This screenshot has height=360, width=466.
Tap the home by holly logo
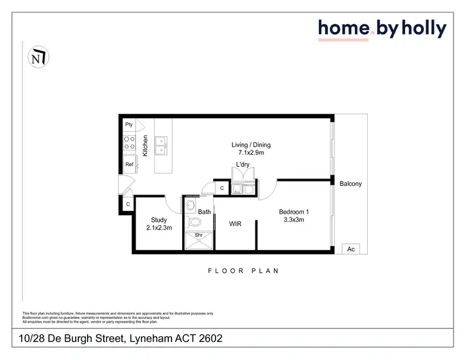click(x=382, y=29)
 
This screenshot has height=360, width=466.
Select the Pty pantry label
click(x=129, y=124)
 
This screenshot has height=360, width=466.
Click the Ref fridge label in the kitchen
click(x=130, y=165)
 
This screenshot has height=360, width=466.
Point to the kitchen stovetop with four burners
click(x=130, y=144)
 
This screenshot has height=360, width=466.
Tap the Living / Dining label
click(x=251, y=145)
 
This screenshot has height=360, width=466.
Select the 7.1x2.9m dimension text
click(x=251, y=153)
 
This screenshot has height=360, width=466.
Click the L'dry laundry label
click(x=242, y=164)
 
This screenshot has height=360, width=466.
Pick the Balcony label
click(x=350, y=184)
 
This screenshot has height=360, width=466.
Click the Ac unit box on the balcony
click(x=350, y=249)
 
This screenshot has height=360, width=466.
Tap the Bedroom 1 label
click(x=294, y=212)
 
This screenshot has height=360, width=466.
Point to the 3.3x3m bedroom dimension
click(x=294, y=220)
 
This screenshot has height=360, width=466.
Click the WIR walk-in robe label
click(x=235, y=223)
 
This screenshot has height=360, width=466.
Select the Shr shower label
click(x=199, y=235)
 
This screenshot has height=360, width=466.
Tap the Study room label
click(x=159, y=219)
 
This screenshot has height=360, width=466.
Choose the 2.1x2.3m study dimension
click(x=159, y=228)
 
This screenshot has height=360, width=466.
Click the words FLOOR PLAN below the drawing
click(x=243, y=271)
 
